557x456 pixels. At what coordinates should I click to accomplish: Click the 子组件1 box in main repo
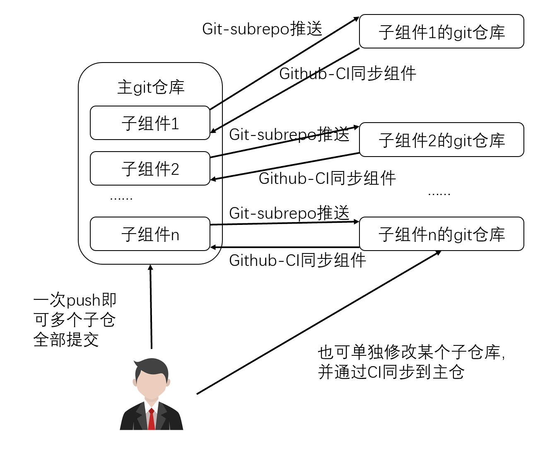pyautogui.click(x=150, y=123)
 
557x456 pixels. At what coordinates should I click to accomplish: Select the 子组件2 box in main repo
pyautogui.click(x=150, y=169)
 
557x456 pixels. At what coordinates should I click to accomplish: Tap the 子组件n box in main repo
pyautogui.click(x=150, y=234)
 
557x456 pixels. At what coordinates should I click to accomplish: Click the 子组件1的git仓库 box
pyautogui.click(x=441, y=32)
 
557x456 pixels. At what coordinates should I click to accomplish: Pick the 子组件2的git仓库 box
pyautogui.click(x=441, y=140)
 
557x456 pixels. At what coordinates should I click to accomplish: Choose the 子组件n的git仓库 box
pyautogui.click(x=441, y=234)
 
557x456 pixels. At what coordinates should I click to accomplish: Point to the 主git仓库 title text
pyautogui.click(x=151, y=87)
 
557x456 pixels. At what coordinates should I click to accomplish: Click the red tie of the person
pyautogui.click(x=152, y=419)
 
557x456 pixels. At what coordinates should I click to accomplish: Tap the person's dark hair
pyautogui.click(x=151, y=367)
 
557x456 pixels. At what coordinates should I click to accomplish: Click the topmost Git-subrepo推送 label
pyautogui.click(x=262, y=29)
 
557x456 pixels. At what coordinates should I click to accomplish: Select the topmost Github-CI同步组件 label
pyautogui.click(x=347, y=74)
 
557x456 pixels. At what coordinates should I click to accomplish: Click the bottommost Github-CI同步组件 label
pyautogui.click(x=297, y=261)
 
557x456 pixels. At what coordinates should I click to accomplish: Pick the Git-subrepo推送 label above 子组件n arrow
pyautogui.click(x=289, y=213)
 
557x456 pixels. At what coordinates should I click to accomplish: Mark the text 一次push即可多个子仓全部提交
pyautogui.click(x=75, y=320)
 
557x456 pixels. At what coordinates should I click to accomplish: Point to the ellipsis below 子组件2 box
pyautogui.click(x=121, y=198)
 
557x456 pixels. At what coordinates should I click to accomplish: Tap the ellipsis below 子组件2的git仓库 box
pyautogui.click(x=439, y=193)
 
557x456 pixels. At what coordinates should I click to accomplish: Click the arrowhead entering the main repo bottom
pyautogui.click(x=150, y=268)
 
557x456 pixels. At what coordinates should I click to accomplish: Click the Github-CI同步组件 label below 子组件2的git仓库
pyautogui.click(x=327, y=179)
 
